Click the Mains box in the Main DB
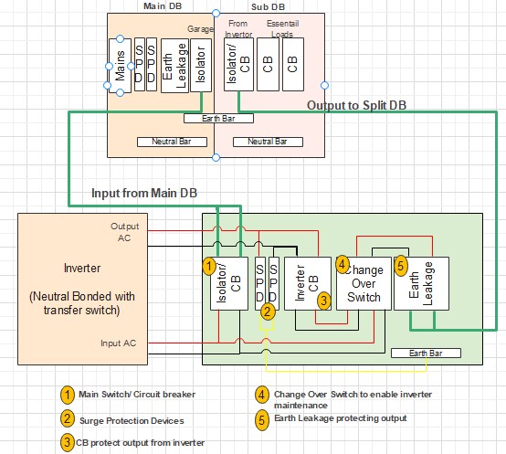pyautogui.click(x=120, y=66)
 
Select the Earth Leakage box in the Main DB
pyautogui.click(x=174, y=66)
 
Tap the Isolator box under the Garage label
pyautogui.click(x=201, y=65)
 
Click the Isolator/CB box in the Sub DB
pyautogui.click(x=238, y=64)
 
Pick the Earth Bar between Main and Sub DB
pyautogui.click(x=218, y=119)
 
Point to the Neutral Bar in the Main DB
pyautogui.click(x=172, y=142)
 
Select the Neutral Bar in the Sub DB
pyautogui.click(x=268, y=142)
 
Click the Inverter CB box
pyautogui.click(x=308, y=283)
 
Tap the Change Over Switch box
pyautogui.click(x=364, y=283)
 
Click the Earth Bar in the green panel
pyautogui.click(x=426, y=353)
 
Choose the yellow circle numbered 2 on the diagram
pyautogui.click(x=268, y=311)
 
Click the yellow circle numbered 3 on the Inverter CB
pyautogui.click(x=324, y=301)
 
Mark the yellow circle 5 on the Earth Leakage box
pyautogui.click(x=401, y=266)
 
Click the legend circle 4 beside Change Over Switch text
pyautogui.click(x=262, y=395)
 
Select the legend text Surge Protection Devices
pyautogui.click(x=132, y=421)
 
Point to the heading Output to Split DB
pyautogui.click(x=356, y=106)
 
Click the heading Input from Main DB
pyautogui.click(x=144, y=193)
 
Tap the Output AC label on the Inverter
pyautogui.click(x=124, y=232)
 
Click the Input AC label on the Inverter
pyautogui.click(x=118, y=343)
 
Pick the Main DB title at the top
pyautogui.click(x=163, y=5)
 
